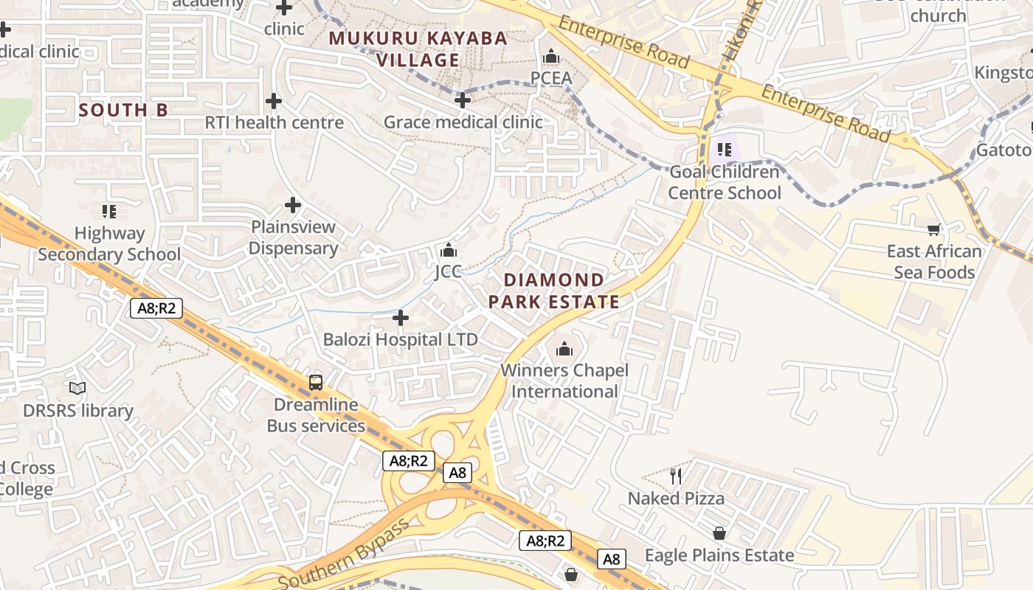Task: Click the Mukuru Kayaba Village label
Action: point(418,49)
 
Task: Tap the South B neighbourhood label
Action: point(123,111)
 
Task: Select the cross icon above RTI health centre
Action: point(274,101)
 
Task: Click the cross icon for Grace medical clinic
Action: point(463,100)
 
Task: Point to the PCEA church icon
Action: point(551,57)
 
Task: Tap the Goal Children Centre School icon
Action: point(724,150)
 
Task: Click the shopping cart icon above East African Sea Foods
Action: point(934,229)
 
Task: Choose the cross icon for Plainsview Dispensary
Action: point(293,205)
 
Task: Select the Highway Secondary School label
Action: point(109,244)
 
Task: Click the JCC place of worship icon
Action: point(448,251)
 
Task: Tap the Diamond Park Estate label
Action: point(553,291)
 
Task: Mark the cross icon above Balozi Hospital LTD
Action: point(401,319)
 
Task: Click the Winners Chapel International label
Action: point(564,381)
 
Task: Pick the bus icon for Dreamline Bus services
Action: point(316,383)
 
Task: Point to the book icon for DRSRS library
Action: point(77,388)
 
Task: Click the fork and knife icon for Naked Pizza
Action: point(676,476)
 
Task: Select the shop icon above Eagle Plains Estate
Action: point(719,533)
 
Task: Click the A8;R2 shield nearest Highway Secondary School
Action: point(156,308)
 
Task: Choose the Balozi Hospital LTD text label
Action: point(401,340)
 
